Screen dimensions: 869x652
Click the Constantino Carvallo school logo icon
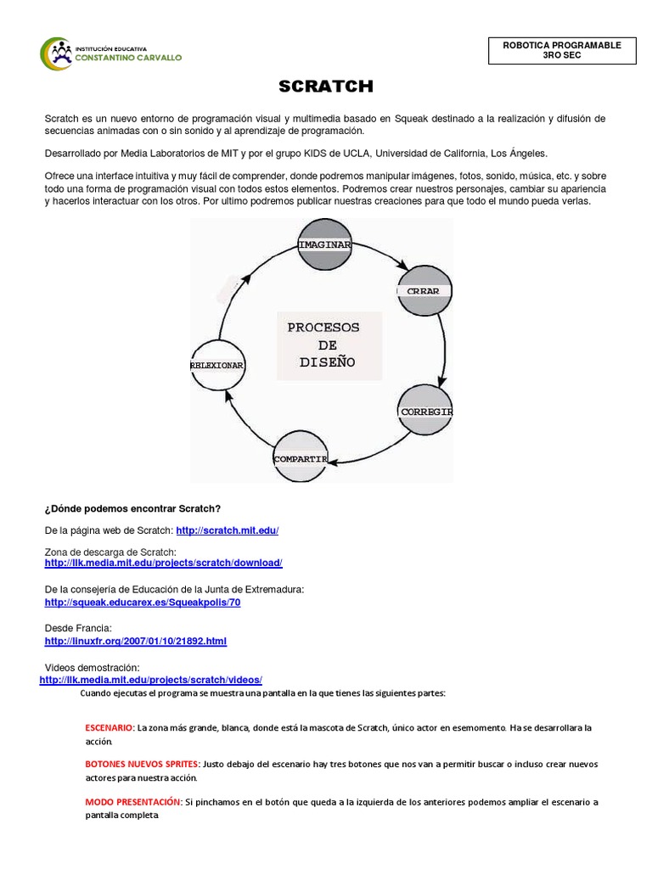[56, 53]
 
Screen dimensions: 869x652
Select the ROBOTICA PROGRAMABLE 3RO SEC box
[562, 51]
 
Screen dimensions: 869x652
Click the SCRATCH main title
[326, 87]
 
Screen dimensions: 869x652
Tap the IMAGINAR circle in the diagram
[324, 244]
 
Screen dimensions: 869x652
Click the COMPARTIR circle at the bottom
[300, 458]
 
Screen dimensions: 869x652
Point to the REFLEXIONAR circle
[217, 364]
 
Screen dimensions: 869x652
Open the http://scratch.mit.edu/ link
[227, 530]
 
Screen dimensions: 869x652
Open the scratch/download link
[163, 563]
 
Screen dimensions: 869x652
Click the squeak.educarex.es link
[143, 603]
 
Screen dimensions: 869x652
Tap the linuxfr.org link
[135, 642]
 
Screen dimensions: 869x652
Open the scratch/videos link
[151, 681]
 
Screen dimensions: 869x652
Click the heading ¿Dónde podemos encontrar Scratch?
[132, 508]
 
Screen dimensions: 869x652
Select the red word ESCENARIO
[110, 728]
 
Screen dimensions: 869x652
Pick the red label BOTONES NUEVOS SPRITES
[143, 765]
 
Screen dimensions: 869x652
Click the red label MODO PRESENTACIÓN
[133, 802]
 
